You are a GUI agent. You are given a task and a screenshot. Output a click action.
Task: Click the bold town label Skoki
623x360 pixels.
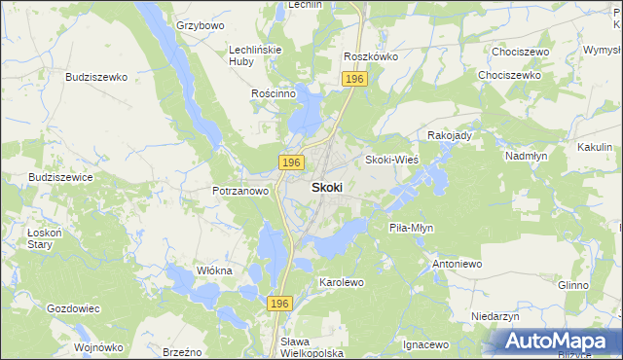pos(326,188)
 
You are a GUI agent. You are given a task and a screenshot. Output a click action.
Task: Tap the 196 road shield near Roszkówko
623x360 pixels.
pos(354,79)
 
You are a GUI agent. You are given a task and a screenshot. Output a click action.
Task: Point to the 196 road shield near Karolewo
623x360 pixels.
pos(279,305)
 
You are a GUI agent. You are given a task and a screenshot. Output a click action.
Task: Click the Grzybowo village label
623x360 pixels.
pos(200,24)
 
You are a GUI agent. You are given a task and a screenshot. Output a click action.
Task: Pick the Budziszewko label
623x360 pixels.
pos(97,76)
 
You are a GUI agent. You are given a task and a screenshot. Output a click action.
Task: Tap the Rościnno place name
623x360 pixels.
pos(273,93)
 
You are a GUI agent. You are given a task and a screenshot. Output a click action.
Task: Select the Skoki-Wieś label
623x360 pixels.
pos(391,160)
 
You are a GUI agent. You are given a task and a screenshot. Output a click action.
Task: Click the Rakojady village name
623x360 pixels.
pos(450,135)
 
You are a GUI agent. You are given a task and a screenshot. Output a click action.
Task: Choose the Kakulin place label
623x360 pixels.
pos(594,146)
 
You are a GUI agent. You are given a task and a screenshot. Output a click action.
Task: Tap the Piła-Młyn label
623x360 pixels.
pos(411,228)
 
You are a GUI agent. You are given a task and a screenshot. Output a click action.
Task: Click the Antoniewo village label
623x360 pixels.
pos(458,264)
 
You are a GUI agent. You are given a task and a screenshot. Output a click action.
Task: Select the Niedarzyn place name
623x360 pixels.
pos(495,317)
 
